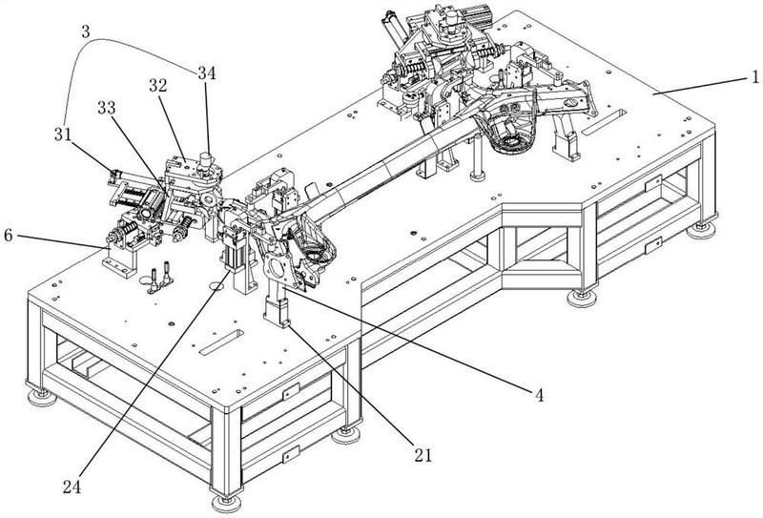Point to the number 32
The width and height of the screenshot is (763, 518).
point(157,85)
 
